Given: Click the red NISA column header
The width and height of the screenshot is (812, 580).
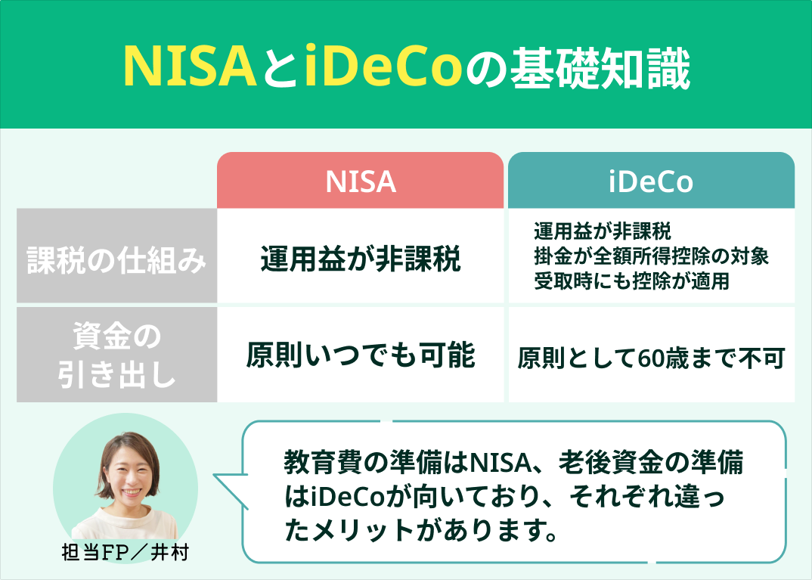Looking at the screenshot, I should pos(361,181).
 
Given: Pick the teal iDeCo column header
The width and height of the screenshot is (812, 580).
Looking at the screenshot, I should pos(651,181).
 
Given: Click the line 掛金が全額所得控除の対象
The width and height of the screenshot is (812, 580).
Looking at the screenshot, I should pos(651,256).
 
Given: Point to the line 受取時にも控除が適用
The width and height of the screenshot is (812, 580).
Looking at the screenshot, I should pos(631,281).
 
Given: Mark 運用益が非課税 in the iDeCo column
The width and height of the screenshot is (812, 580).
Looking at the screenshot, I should pos(602,231).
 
